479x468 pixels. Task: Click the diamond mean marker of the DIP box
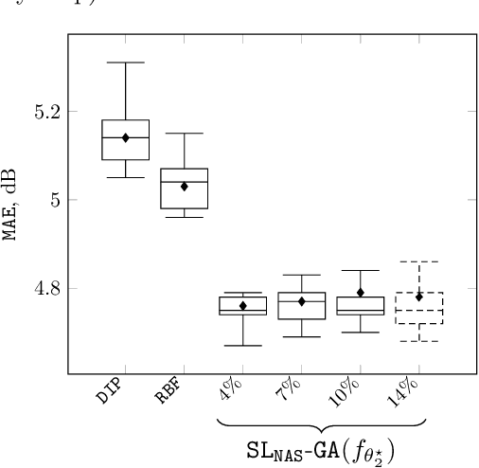tap(125, 137)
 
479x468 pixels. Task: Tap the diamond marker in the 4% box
tap(242, 305)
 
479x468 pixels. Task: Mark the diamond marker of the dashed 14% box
tap(418, 297)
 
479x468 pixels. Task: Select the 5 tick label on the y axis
tap(53, 200)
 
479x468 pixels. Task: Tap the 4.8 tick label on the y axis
tap(44, 288)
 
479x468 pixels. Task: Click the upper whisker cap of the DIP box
tap(125, 63)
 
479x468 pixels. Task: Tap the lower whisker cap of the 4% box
tap(242, 345)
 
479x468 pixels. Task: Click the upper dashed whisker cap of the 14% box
tap(418, 261)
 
